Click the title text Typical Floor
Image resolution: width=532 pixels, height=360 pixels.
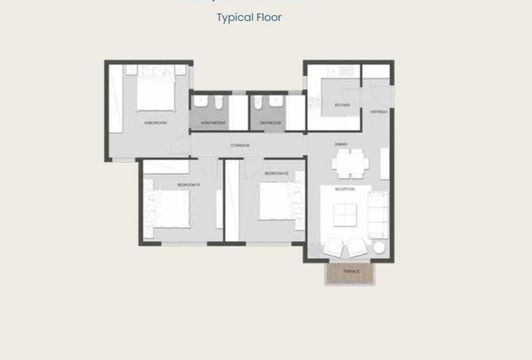click(x=248, y=17)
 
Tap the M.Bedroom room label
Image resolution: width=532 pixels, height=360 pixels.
click(x=155, y=123)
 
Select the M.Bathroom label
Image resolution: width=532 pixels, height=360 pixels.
click(x=213, y=123)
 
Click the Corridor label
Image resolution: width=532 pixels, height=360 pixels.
click(x=240, y=145)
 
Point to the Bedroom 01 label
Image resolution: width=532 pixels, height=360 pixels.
click(x=188, y=186)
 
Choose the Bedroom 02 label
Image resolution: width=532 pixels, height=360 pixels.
click(x=276, y=173)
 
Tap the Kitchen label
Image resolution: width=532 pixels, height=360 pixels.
click(x=342, y=105)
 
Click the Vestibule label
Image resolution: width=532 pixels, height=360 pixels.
click(x=378, y=112)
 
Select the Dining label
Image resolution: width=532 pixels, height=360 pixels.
click(x=340, y=144)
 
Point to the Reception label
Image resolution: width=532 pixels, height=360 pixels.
click(x=344, y=190)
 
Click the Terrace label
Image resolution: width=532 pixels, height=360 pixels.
click(x=351, y=271)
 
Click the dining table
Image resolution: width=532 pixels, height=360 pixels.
click(x=350, y=164)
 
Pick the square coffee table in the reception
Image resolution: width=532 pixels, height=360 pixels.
click(x=344, y=214)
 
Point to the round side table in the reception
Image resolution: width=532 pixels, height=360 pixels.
click(x=379, y=248)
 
